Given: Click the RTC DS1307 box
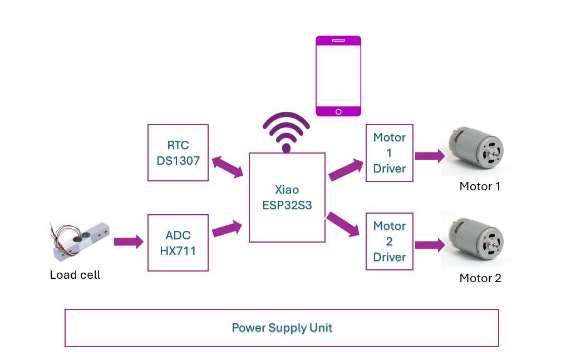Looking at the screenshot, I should [178, 152].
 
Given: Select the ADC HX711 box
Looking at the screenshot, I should [178, 243].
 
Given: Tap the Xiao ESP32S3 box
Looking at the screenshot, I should [287, 198].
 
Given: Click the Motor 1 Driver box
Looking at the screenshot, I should [390, 152].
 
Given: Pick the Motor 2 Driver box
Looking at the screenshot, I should [390, 241].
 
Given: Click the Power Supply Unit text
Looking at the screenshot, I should [282, 328].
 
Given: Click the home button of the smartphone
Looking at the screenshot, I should [338, 111].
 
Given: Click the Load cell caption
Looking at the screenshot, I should [75, 275].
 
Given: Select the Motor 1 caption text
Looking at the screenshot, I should [480, 186].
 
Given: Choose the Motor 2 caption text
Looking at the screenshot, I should [480, 278].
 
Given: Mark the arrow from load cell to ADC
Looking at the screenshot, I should [129, 242].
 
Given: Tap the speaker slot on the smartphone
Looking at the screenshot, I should [338, 41].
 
